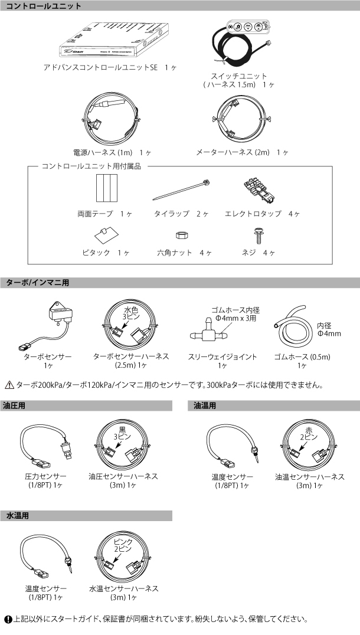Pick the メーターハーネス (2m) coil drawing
241,118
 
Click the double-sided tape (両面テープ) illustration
108,188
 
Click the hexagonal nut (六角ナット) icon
181,235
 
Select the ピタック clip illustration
106,234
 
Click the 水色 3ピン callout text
130,313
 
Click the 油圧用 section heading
15,406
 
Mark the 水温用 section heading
18,516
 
